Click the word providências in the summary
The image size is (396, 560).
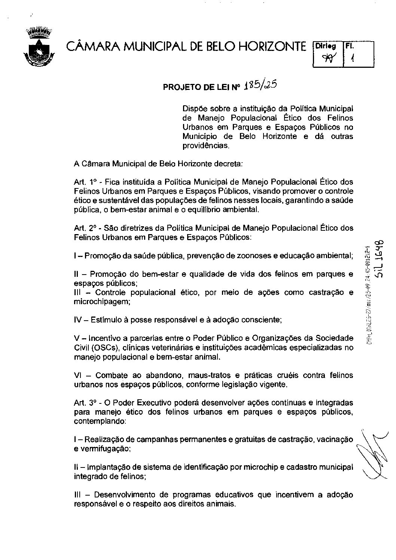click(205, 145)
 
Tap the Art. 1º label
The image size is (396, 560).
click(86, 182)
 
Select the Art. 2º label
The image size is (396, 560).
click(86, 228)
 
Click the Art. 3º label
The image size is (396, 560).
click(86, 403)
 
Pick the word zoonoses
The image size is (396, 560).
click(249, 256)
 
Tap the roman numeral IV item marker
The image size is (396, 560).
click(78, 320)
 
